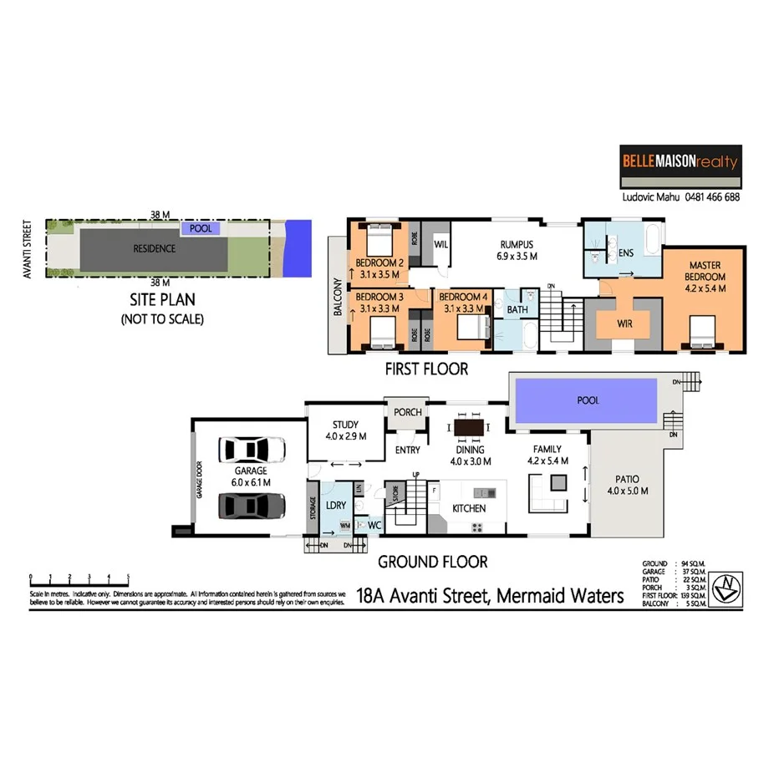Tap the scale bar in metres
(x=79, y=578)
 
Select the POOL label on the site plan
(x=201, y=227)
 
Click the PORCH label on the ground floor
(x=407, y=412)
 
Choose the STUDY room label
(x=344, y=425)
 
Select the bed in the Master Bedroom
(x=699, y=333)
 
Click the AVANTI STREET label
(x=28, y=249)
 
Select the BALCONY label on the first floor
(x=338, y=297)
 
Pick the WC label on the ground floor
(x=374, y=525)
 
